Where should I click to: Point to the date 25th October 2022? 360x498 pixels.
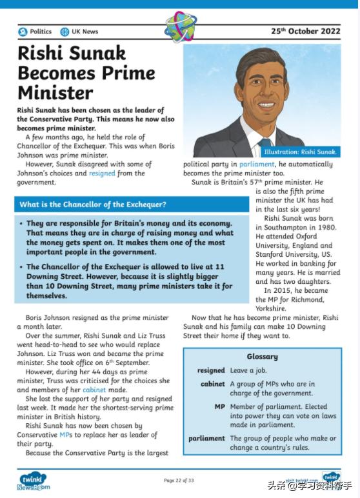click(305, 30)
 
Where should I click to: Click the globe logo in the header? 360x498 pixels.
click(180, 27)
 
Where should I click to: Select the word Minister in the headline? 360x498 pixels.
click(55, 92)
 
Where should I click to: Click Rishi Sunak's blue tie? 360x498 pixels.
click(265, 143)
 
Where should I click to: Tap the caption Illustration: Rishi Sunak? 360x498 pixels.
click(300, 152)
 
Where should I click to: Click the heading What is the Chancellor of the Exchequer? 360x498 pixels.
click(93, 204)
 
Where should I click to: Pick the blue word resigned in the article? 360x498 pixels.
click(102, 174)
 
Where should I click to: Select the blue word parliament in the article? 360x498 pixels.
click(256, 164)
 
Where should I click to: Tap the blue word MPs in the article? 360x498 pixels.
click(65, 435)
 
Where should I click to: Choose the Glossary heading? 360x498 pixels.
click(262, 357)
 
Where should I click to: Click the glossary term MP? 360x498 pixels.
click(219, 407)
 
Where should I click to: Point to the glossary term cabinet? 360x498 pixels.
click(213, 384)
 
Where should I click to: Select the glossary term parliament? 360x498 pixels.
click(206, 439)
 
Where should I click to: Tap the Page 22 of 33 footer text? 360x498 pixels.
click(179, 481)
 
